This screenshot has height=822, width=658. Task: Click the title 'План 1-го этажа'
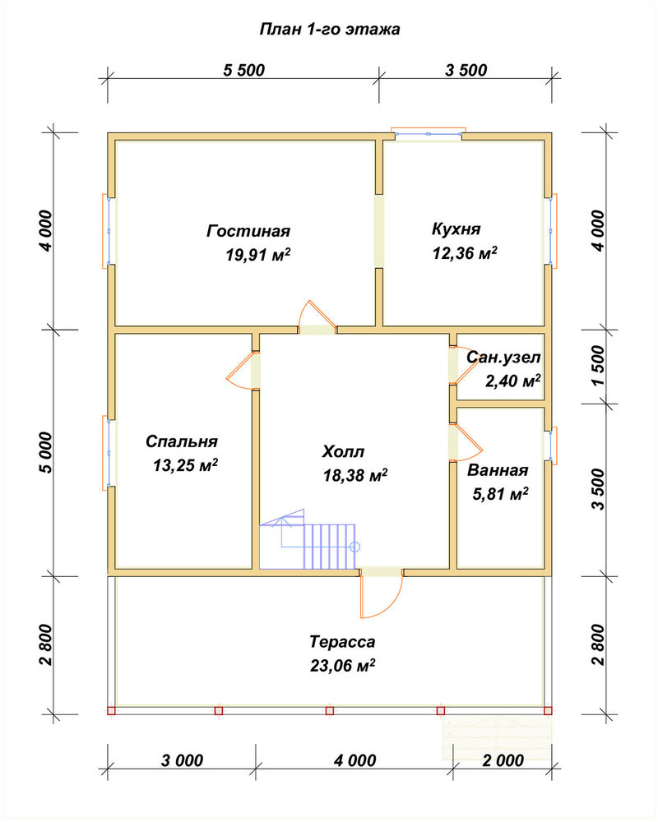pyautogui.click(x=330, y=30)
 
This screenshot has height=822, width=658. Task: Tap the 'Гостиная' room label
pyautogui.click(x=248, y=231)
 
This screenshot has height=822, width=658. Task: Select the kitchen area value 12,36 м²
pyautogui.click(x=465, y=253)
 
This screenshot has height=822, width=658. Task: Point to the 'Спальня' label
pyautogui.click(x=182, y=441)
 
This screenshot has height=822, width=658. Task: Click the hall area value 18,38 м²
pyautogui.click(x=355, y=475)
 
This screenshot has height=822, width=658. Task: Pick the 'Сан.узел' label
pyautogui.click(x=503, y=358)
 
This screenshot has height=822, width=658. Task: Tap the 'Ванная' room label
pyautogui.click(x=498, y=470)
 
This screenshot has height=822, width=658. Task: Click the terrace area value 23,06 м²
pyautogui.click(x=342, y=666)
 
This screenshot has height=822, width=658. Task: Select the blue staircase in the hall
pyautogui.click(x=308, y=539)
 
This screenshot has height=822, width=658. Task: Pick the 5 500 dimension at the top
pyautogui.click(x=244, y=70)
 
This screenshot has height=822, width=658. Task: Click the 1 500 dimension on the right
pyautogui.click(x=599, y=366)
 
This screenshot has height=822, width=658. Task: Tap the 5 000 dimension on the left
pyautogui.click(x=46, y=453)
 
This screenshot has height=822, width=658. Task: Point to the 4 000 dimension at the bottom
pyautogui.click(x=354, y=760)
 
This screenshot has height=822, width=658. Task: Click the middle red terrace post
pyautogui.click(x=330, y=711)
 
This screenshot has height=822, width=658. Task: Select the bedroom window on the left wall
pyautogui.click(x=108, y=453)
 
